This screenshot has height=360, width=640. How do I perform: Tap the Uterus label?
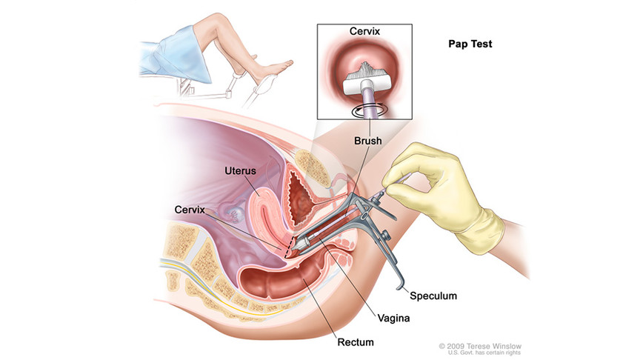tap(240, 172)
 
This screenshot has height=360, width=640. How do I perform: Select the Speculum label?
tap(433, 296)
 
